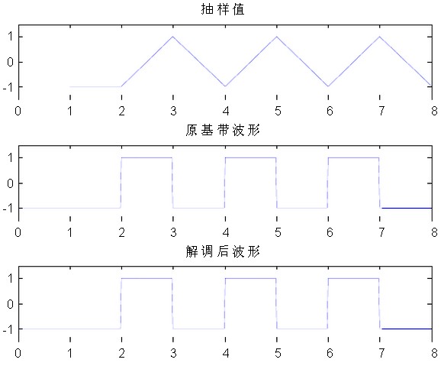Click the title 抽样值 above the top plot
(223, 9)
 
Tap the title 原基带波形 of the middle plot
(223, 130)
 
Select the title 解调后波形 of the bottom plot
(223, 251)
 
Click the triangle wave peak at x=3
(173, 37)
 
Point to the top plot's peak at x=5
(277, 37)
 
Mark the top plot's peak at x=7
(380, 37)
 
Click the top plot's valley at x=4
(225, 86)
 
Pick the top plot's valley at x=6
(328, 86)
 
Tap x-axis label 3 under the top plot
(173, 111)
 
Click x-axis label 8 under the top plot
(434, 111)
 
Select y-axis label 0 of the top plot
(10, 62)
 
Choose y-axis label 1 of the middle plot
(11, 157)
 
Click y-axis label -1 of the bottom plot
(8, 329)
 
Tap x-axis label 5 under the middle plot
(278, 232)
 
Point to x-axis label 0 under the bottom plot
(18, 353)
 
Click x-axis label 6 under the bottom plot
(330, 353)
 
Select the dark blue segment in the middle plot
(407, 208)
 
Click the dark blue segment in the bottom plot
(407, 329)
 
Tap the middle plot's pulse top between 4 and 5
(250, 157)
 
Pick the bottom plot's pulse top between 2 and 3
(146, 278)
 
